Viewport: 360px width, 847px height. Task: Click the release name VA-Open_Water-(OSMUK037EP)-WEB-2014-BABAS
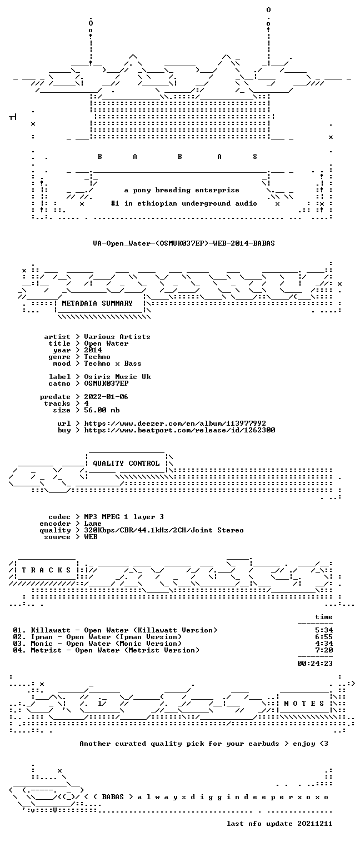click(x=184, y=243)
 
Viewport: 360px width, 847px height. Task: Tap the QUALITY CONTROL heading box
click(x=126, y=463)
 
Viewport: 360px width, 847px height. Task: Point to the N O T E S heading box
click(x=304, y=704)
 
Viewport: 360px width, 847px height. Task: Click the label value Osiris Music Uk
click(x=117, y=377)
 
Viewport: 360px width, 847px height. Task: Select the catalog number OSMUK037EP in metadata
click(x=106, y=383)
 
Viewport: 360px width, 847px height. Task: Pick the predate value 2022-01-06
click(x=106, y=397)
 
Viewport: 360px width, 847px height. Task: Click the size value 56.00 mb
click(x=102, y=410)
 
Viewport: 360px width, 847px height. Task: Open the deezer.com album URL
click(x=174, y=423)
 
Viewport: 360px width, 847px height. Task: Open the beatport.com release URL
click(x=179, y=430)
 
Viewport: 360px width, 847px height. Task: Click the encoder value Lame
click(x=93, y=524)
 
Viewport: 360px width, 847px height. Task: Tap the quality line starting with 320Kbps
click(x=164, y=530)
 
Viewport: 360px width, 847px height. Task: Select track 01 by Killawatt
click(x=115, y=630)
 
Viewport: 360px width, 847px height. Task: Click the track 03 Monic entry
click(x=97, y=644)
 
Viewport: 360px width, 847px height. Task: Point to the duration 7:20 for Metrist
click(x=324, y=650)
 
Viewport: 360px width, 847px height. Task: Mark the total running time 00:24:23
click(x=315, y=664)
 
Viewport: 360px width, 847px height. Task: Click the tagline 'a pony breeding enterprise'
click(x=182, y=190)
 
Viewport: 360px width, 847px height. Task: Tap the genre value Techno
click(x=97, y=357)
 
